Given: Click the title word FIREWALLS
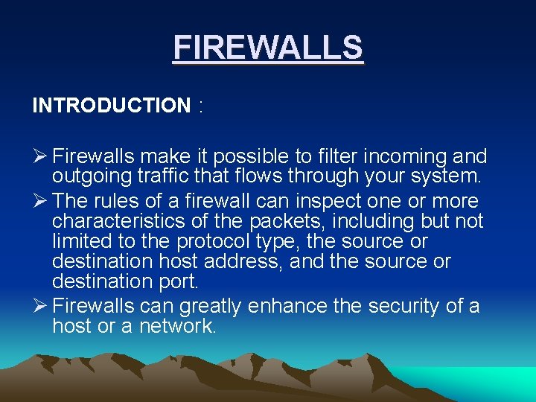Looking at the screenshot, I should point(268,48).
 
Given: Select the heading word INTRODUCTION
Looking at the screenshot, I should point(111,106).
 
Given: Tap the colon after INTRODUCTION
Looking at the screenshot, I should point(200,106).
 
